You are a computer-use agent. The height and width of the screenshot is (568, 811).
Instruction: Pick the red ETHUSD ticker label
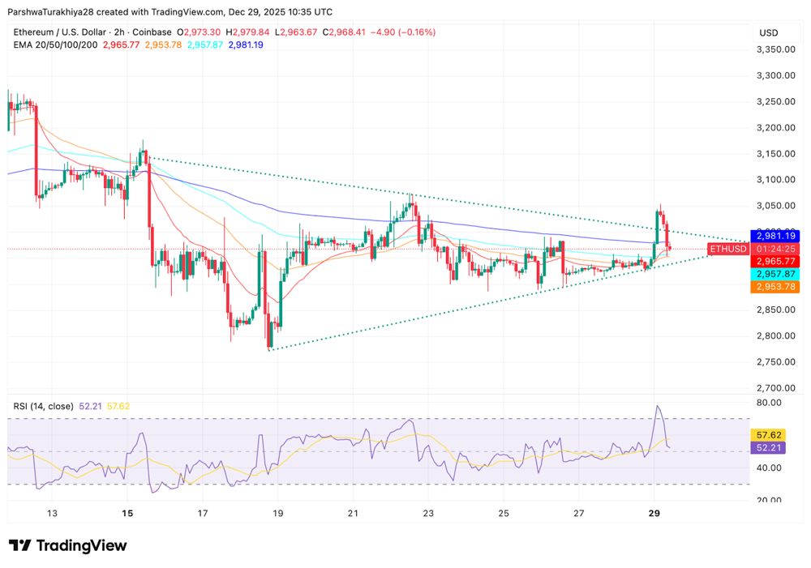(x=727, y=249)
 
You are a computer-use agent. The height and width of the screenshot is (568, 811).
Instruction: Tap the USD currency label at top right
(x=768, y=32)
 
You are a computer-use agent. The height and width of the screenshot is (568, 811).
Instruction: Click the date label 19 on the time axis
(x=277, y=514)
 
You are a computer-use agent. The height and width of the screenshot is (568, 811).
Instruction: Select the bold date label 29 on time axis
(x=654, y=514)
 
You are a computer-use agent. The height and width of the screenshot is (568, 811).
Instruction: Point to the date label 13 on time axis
(x=52, y=514)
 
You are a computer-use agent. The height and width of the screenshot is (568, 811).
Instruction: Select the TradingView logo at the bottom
(x=68, y=545)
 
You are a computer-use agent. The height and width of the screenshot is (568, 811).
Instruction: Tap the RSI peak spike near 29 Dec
(x=658, y=407)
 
